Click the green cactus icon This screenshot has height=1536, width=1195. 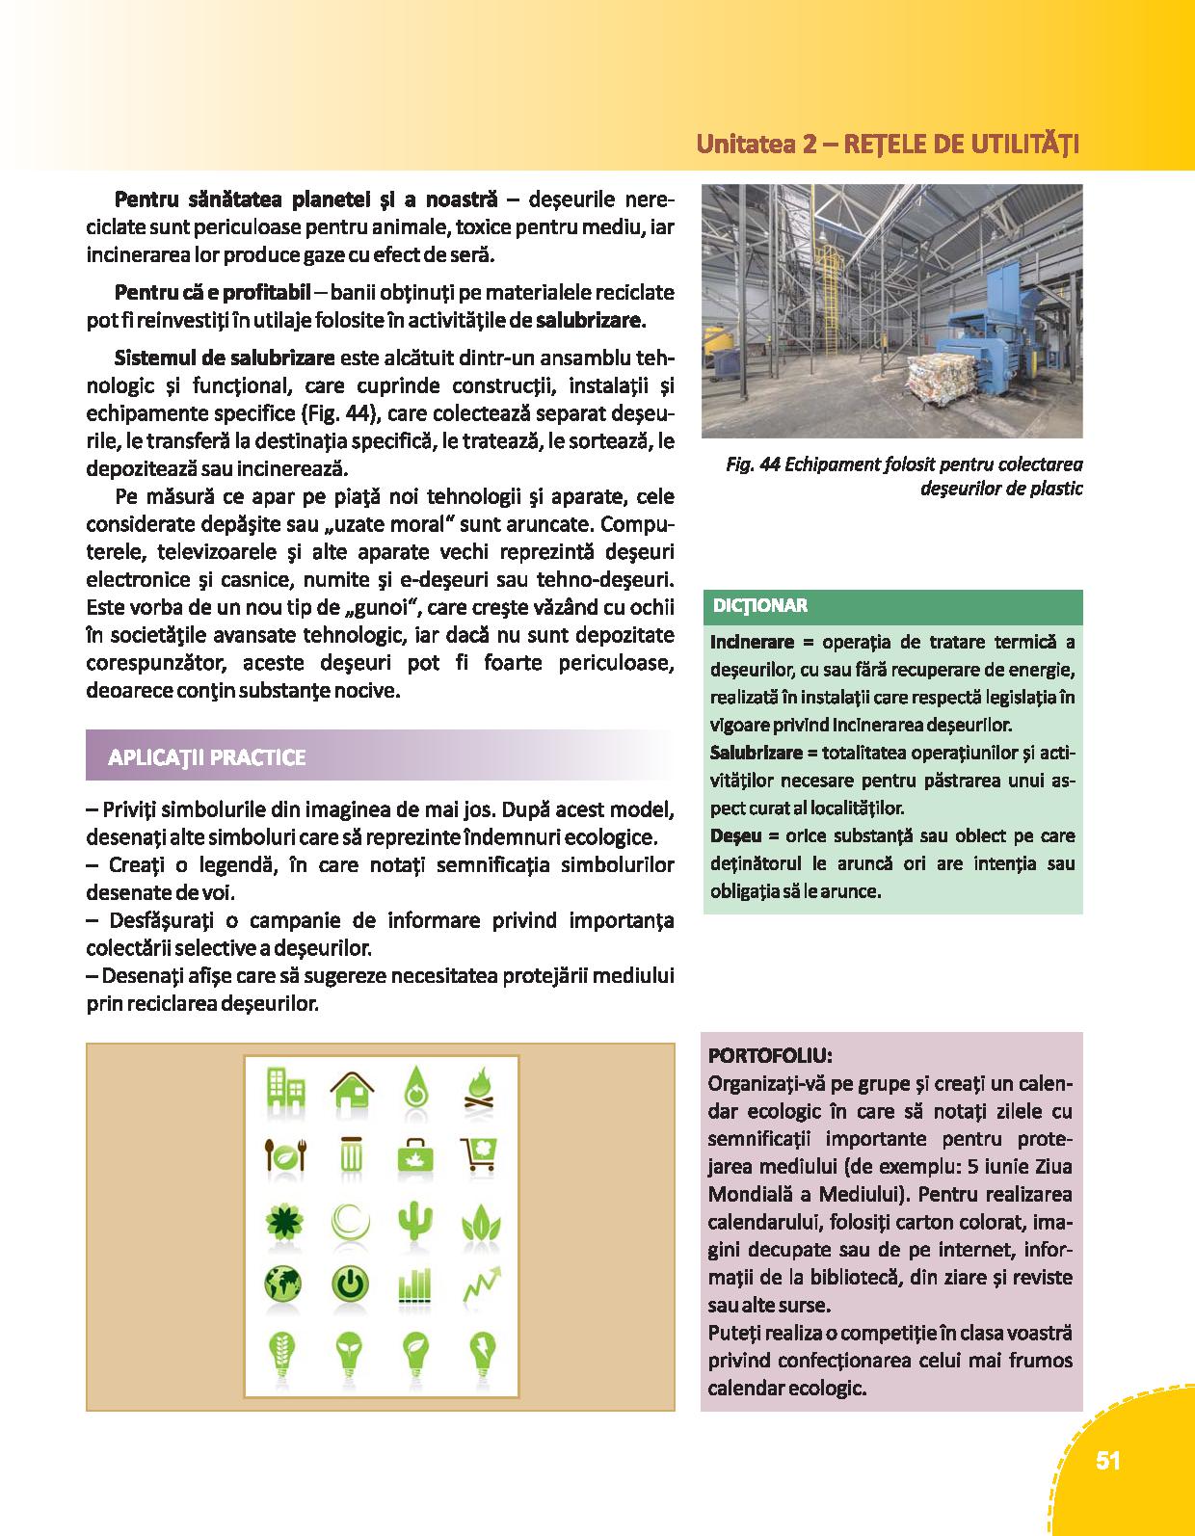[413, 1222]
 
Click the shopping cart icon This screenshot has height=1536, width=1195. [479, 1153]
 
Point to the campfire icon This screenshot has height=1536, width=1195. [479, 1088]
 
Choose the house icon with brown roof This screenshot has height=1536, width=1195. [351, 1089]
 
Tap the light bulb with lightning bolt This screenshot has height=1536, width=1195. [479, 1354]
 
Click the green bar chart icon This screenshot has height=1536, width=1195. [413, 1285]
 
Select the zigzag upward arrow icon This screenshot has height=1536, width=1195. [479, 1285]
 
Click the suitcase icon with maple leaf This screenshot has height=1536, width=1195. [413, 1153]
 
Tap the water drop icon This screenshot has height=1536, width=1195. [413, 1088]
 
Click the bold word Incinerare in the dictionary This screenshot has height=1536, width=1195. [752, 642]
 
